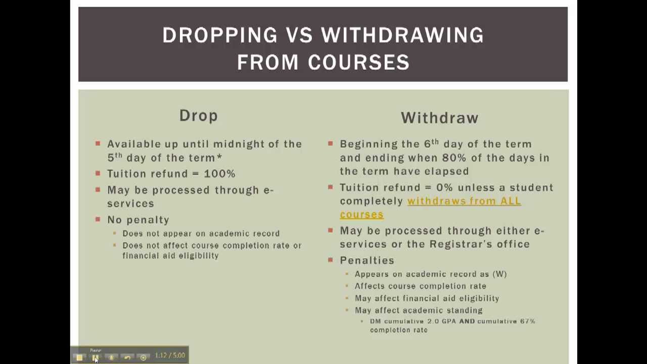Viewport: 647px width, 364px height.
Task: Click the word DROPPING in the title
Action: coord(219,35)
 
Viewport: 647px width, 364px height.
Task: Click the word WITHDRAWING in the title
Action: coord(402,35)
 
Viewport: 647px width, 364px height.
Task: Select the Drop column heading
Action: coord(199,116)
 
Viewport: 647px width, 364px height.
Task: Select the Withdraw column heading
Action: coord(439,118)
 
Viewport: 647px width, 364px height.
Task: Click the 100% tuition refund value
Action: coord(219,174)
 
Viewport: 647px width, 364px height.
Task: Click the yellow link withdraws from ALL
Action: coord(464,201)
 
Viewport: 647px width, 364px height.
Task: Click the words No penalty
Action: coord(138,220)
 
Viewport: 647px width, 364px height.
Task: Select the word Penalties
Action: coord(366,260)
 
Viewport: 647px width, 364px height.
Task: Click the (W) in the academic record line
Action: coord(499,274)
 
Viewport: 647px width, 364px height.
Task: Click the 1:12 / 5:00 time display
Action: coord(170,355)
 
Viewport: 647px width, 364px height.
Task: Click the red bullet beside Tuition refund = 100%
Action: coord(98,173)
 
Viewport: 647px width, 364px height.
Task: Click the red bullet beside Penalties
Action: coord(330,260)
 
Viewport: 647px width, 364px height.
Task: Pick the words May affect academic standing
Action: coord(419,310)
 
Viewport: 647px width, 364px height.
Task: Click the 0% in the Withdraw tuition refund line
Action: coord(444,188)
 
